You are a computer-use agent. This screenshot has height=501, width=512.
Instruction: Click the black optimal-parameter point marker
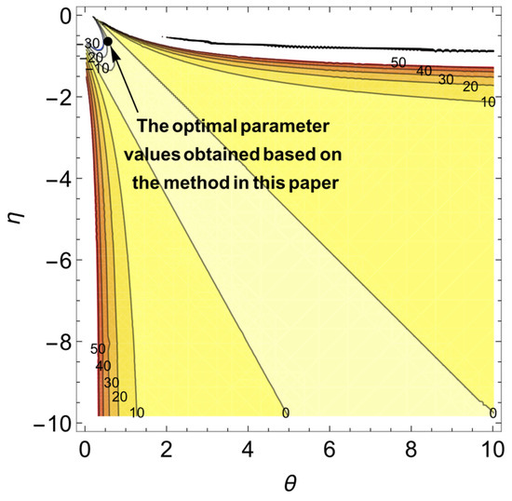click(108, 41)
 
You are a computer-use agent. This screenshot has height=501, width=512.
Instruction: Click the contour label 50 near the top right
click(398, 62)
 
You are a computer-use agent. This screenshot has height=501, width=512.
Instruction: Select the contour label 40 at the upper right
click(423, 71)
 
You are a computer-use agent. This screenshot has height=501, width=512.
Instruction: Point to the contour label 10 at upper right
click(485, 102)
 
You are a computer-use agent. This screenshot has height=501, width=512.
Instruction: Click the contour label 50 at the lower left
click(97, 349)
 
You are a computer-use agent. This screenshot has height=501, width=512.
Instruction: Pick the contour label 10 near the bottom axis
click(136, 413)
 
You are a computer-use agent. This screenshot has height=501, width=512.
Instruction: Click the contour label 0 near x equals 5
click(285, 412)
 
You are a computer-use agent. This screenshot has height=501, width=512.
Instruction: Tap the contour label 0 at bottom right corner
click(491, 412)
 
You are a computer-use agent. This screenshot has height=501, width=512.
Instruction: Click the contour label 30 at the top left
click(91, 43)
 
